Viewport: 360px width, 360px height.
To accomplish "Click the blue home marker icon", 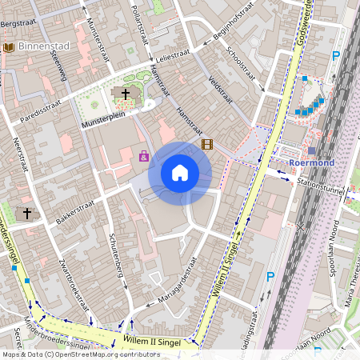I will click(x=180, y=173).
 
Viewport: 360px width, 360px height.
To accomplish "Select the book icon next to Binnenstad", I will click(x=9, y=48).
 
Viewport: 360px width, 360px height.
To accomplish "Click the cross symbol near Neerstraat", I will click(x=27, y=214).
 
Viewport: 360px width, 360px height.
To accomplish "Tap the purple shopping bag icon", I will click(x=144, y=156).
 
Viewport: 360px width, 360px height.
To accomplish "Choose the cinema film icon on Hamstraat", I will click(x=208, y=145).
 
